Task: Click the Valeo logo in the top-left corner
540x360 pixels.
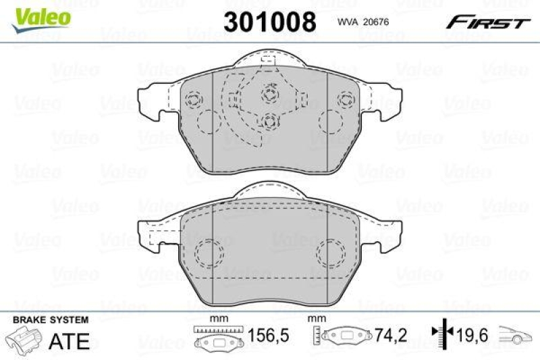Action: tap(40, 14)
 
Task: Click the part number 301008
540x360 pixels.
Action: tap(269, 22)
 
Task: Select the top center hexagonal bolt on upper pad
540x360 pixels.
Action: tap(271, 93)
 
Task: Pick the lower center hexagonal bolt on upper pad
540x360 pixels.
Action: tap(270, 122)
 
